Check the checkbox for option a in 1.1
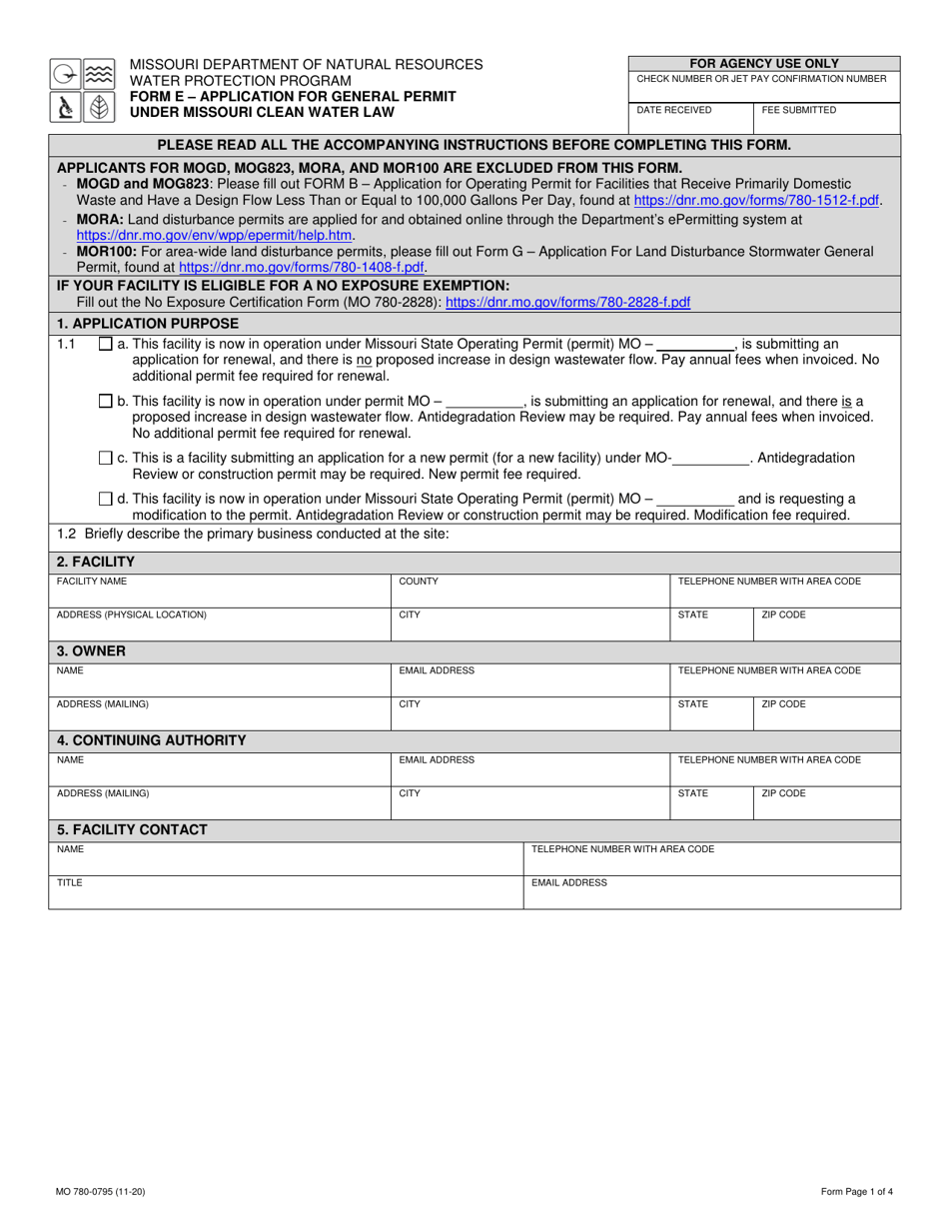click(106, 345)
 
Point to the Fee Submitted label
click(799, 110)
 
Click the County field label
click(418, 581)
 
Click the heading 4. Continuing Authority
click(152, 740)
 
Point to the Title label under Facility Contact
click(69, 883)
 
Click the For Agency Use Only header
click(764, 63)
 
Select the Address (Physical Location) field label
click(132, 614)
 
